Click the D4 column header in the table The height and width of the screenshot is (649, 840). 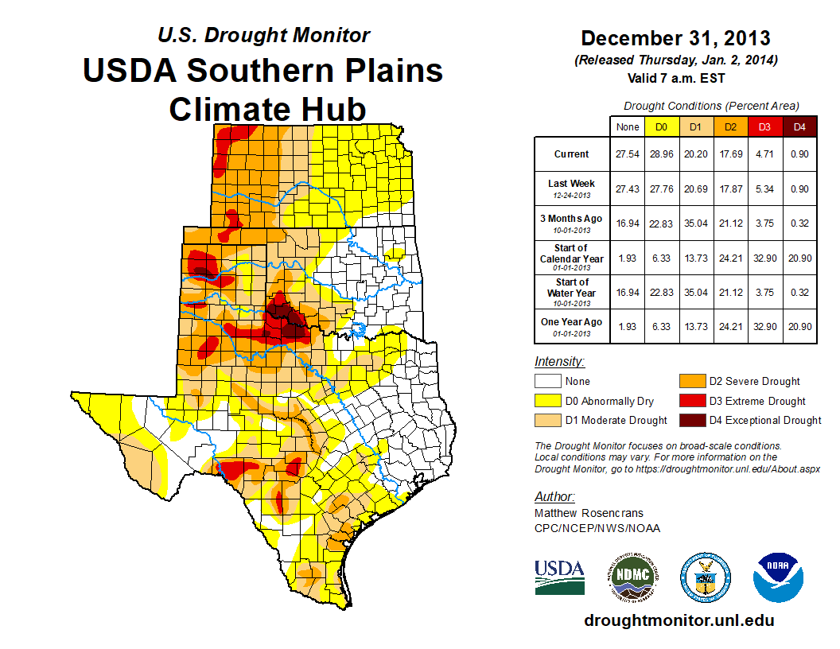(799, 126)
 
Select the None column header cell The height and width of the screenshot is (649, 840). (628, 126)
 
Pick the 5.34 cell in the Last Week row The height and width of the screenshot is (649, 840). (765, 189)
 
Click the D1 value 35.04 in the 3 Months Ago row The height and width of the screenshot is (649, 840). (696, 223)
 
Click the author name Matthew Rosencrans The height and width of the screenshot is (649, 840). (589, 513)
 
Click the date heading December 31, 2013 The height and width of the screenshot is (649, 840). (675, 38)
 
